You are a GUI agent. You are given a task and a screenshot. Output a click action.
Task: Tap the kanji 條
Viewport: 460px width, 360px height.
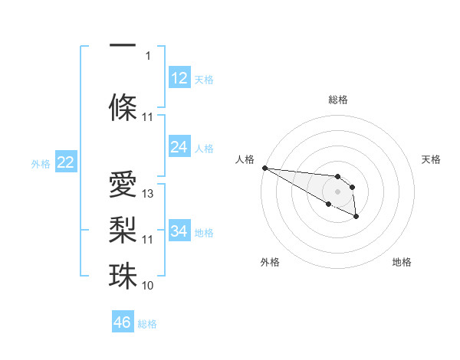point(123,108)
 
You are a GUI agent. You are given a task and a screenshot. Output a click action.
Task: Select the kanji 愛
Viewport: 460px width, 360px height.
point(123,185)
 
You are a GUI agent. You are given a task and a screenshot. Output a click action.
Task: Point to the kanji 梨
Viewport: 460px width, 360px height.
point(123,231)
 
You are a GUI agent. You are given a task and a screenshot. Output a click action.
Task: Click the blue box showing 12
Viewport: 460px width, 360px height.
point(179,78)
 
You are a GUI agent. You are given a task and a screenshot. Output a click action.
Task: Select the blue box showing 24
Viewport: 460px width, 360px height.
point(179,147)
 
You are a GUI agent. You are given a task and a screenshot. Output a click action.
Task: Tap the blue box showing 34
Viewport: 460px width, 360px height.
point(179,231)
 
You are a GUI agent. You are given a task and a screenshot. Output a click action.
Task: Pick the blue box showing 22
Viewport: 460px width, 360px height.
point(65,162)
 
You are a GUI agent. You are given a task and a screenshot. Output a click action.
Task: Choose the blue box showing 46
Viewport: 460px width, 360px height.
point(122,322)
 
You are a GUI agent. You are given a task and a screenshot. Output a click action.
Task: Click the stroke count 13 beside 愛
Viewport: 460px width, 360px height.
point(148,194)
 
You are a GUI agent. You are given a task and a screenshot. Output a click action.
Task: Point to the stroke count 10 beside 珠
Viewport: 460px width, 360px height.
point(148,285)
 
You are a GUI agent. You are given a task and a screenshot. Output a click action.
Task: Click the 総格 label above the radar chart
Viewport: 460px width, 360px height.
point(337,100)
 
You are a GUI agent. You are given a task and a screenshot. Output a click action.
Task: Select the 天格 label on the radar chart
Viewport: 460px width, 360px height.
point(432,159)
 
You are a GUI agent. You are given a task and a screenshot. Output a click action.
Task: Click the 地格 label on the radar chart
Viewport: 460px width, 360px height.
point(402,262)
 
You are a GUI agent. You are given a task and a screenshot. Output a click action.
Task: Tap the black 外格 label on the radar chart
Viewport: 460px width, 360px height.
point(270,262)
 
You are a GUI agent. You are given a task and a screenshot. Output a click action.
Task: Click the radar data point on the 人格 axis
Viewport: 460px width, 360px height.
point(264,168)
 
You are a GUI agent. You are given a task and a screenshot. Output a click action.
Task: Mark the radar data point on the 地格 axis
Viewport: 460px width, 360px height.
point(356,218)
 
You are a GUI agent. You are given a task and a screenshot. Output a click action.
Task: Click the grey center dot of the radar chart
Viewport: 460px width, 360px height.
point(337,191)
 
